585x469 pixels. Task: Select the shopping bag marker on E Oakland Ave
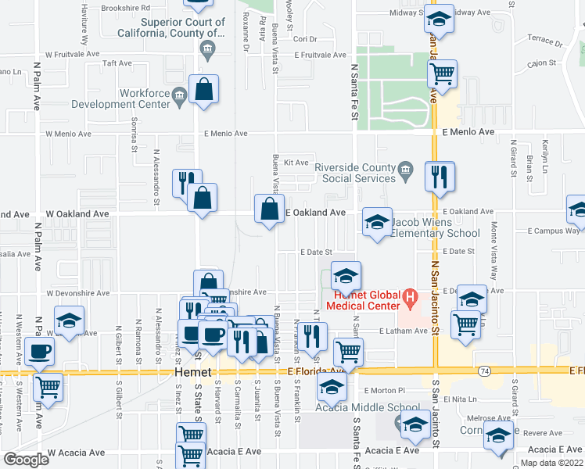269,209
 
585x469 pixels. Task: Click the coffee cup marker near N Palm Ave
40,351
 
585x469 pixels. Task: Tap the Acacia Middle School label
367,407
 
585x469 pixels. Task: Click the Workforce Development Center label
120,98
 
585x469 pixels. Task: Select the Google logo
26,459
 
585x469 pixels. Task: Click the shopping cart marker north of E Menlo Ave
442,74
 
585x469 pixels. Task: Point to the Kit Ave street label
296,163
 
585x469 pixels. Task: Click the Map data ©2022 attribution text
551,463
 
